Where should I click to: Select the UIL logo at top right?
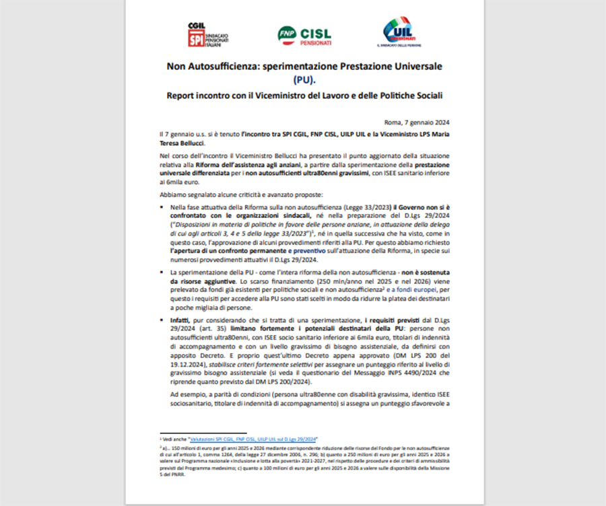coord(399,32)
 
